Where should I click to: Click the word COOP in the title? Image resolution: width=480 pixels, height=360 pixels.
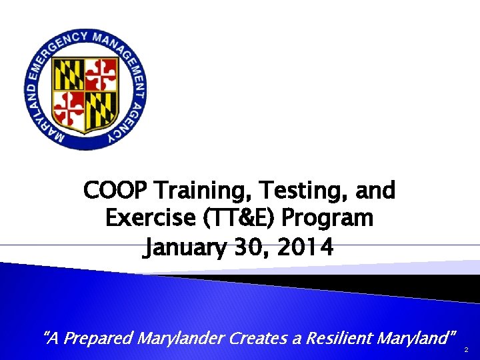click(x=115, y=191)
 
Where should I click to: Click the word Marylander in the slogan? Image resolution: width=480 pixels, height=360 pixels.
click(x=180, y=338)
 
